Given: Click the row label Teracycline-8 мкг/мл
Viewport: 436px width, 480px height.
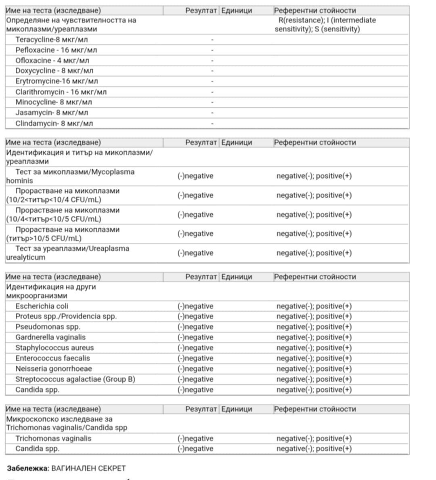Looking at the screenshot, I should tap(51, 40).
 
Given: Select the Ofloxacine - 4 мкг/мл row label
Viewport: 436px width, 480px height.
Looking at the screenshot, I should tap(52, 61).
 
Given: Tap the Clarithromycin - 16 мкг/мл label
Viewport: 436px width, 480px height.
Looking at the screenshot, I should tap(61, 92).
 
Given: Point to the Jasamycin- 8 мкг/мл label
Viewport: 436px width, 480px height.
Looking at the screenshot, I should tap(52, 113).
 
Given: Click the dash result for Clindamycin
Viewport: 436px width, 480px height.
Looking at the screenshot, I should tap(212, 123).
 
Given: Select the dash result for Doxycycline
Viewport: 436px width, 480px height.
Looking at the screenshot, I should tap(212, 71).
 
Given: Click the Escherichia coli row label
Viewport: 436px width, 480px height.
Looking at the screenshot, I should tap(42, 306).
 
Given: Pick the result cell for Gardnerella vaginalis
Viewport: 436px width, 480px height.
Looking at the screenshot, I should tap(195, 337).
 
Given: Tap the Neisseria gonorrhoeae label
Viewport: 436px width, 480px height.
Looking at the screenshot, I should tap(54, 369).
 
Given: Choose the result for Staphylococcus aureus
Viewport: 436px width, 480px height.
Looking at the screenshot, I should tap(195, 348).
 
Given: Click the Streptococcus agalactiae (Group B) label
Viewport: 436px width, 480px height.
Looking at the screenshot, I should tap(75, 379).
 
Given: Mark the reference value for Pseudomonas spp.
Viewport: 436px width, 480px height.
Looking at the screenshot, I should tap(314, 327).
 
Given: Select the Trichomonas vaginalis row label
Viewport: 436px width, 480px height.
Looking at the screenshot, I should tap(53, 438).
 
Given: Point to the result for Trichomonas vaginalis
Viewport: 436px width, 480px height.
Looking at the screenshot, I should tap(195, 438).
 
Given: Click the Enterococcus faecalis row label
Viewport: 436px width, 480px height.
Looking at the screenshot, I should tap(52, 358).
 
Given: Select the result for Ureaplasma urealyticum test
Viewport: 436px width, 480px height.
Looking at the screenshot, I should tap(195, 253).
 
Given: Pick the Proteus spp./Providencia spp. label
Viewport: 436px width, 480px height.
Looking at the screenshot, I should tap(66, 316).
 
